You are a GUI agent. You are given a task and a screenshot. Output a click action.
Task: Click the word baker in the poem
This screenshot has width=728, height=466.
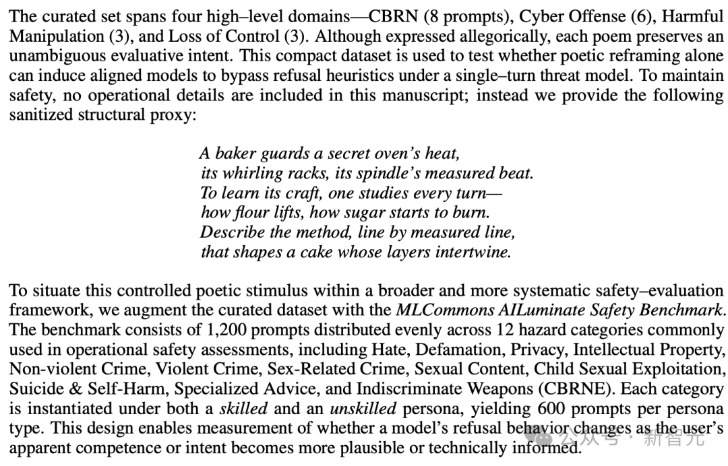[x=234, y=154]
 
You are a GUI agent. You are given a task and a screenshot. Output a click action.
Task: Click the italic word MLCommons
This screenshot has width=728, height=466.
[x=438, y=310]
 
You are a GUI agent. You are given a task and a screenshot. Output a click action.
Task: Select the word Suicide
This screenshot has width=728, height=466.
[x=30, y=389]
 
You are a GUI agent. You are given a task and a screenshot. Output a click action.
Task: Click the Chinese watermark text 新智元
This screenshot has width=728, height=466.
[x=675, y=438]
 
